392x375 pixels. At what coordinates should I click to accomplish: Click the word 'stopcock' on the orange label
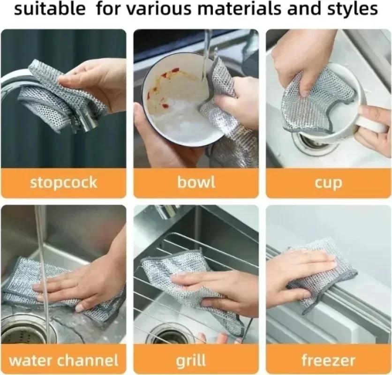pyautogui.click(x=63, y=182)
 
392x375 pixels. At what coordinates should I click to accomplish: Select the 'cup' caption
pyautogui.click(x=328, y=183)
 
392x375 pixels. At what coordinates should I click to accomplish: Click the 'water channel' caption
pyautogui.click(x=63, y=360)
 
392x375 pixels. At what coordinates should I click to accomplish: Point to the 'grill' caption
pyautogui.click(x=191, y=360)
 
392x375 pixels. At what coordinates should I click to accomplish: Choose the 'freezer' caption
pyautogui.click(x=328, y=360)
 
